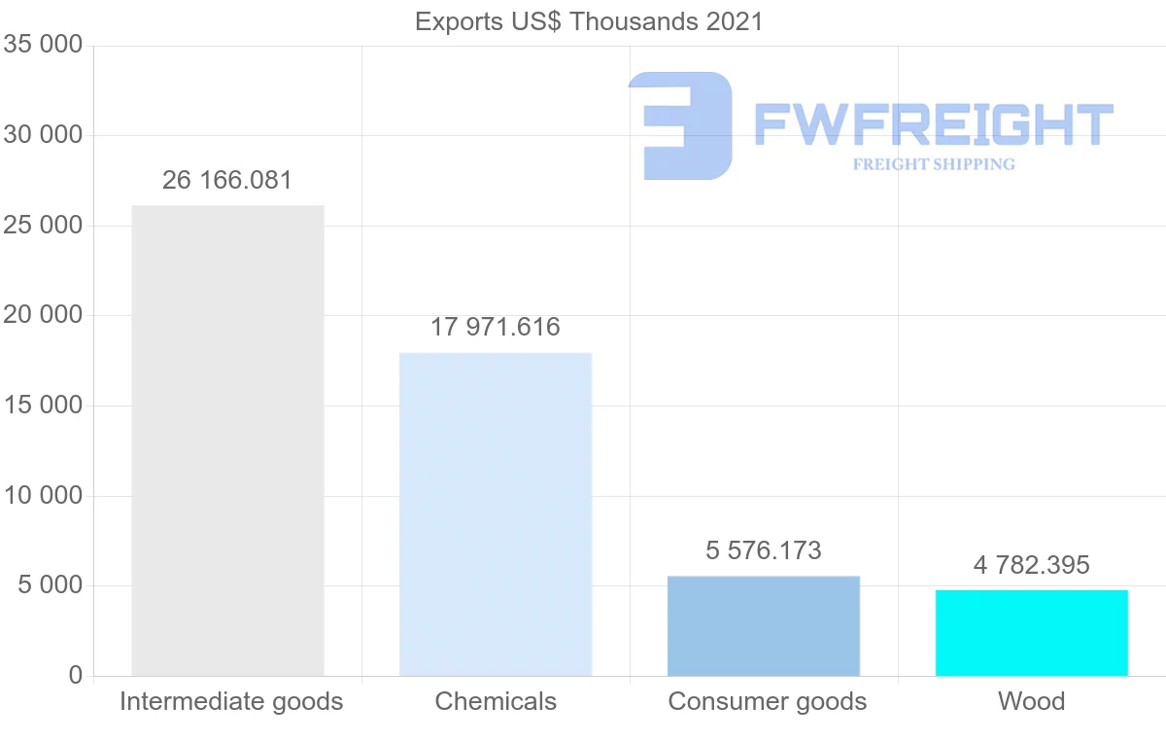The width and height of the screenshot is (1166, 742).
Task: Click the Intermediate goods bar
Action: pyautogui.click(x=227, y=440)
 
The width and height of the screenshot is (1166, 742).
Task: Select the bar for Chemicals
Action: pyautogui.click(x=496, y=513)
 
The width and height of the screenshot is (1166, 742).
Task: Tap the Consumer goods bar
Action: pyautogui.click(x=764, y=625)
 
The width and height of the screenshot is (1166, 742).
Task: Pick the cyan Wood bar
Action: pyautogui.click(x=1032, y=632)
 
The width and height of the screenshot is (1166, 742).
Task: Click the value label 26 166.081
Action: pyautogui.click(x=227, y=180)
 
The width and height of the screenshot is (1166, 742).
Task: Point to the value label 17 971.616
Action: pyautogui.click(x=496, y=327)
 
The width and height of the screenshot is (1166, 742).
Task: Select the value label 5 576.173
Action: pyautogui.click(x=764, y=550)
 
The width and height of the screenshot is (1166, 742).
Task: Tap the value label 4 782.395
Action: pyautogui.click(x=1032, y=565)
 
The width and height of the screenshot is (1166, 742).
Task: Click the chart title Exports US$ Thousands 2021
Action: pyautogui.click(x=589, y=21)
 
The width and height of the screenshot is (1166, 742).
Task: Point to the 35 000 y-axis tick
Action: pyautogui.click(x=43, y=46)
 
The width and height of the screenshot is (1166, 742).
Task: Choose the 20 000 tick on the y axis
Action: pyautogui.click(x=43, y=315)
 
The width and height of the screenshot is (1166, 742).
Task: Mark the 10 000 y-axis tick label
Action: pyautogui.click(x=43, y=496)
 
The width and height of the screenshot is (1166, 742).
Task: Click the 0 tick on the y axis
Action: pyautogui.click(x=76, y=676)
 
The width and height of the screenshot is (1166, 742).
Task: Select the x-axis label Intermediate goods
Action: pyautogui.click(x=231, y=701)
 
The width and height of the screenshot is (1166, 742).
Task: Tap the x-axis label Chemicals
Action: pyautogui.click(x=496, y=701)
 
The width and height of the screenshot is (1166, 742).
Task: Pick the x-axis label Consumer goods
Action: pyautogui.click(x=768, y=701)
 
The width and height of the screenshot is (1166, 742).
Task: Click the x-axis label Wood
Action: pyautogui.click(x=1032, y=701)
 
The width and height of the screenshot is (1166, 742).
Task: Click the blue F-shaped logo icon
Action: pyautogui.click(x=680, y=125)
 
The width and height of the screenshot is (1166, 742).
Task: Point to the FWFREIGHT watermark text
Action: pyautogui.click(x=933, y=124)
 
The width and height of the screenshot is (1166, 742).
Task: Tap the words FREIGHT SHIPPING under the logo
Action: pyautogui.click(x=934, y=164)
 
